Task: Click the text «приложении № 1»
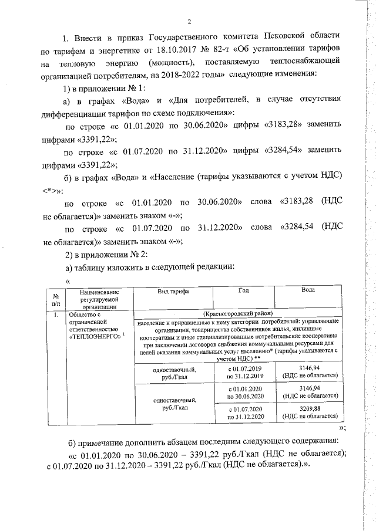[x=109, y=88]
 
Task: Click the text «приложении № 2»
[x=109, y=255]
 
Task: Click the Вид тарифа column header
[x=172, y=291]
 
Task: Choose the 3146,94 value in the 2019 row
[x=308, y=368]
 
